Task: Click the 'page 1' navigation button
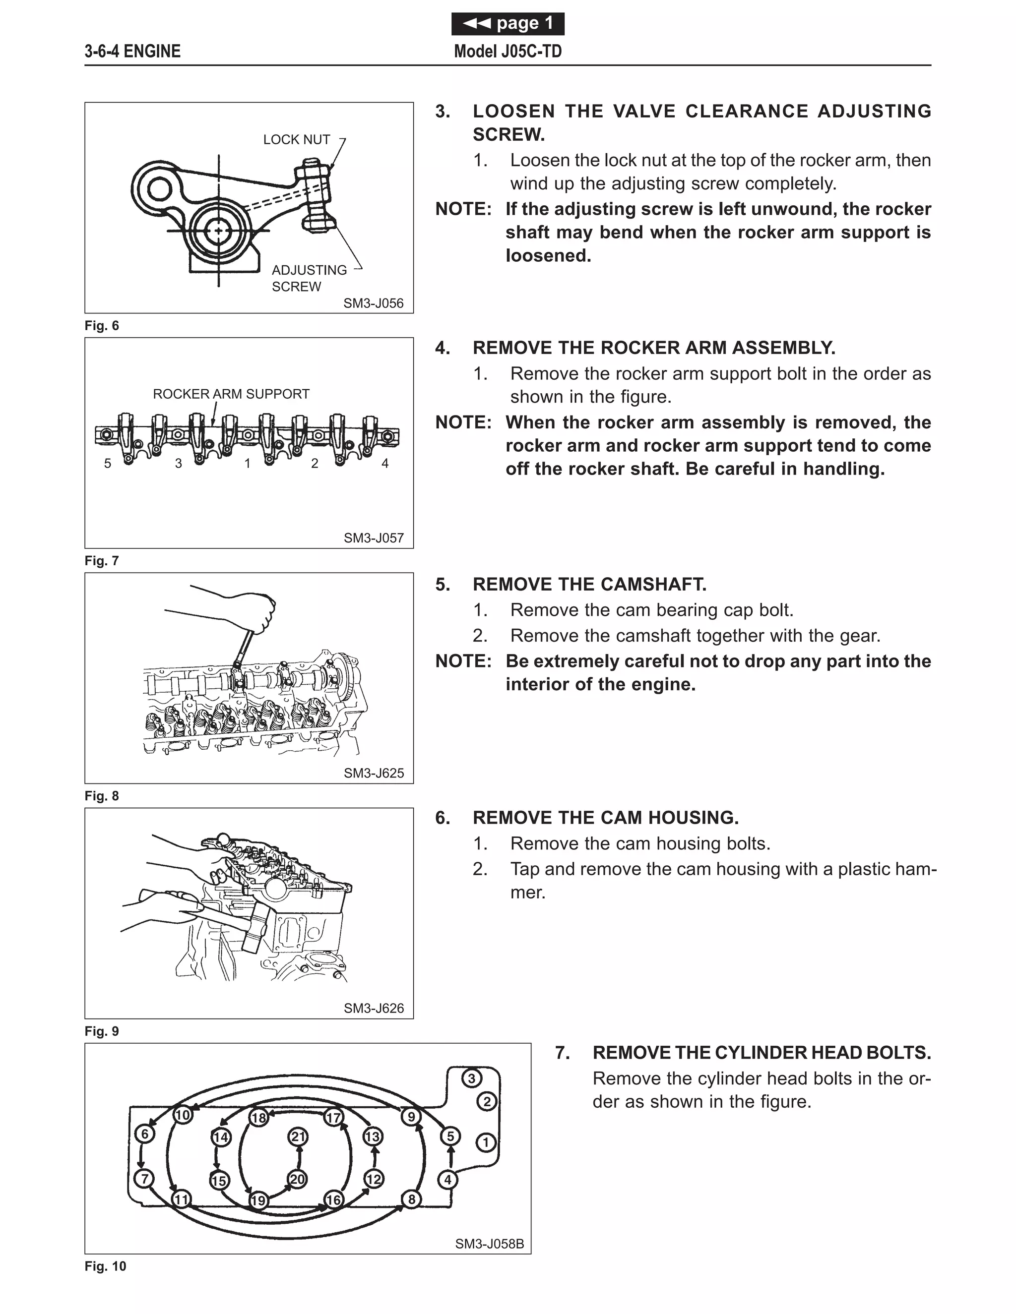(508, 23)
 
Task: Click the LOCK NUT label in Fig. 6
(296, 140)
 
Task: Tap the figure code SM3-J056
(373, 303)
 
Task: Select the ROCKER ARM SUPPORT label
(231, 394)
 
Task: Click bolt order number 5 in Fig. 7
(108, 463)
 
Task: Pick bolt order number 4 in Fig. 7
(385, 463)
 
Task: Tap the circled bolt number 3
(471, 1078)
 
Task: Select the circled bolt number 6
(144, 1134)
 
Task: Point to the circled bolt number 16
(333, 1199)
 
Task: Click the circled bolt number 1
(486, 1142)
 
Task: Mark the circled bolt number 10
(183, 1115)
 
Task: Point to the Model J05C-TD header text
(508, 51)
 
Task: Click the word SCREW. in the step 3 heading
(508, 135)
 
